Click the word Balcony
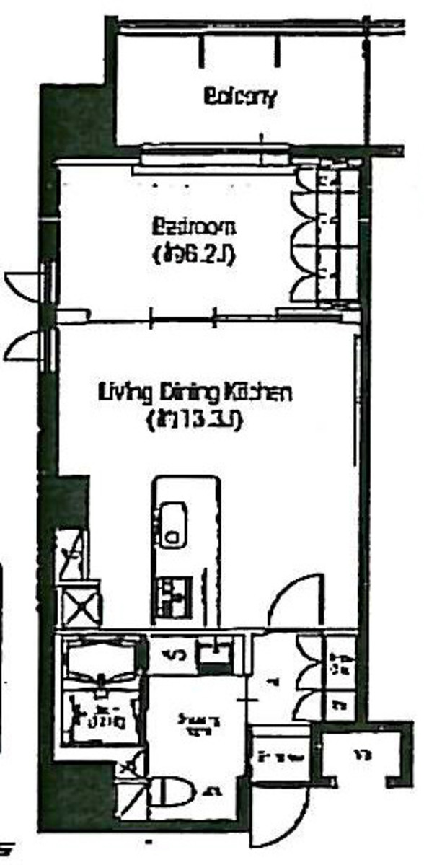(x=240, y=97)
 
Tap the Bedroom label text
(x=193, y=229)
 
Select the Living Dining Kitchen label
(x=194, y=394)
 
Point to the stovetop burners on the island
(x=172, y=592)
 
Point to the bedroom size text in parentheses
(x=193, y=254)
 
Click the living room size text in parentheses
(x=193, y=418)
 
